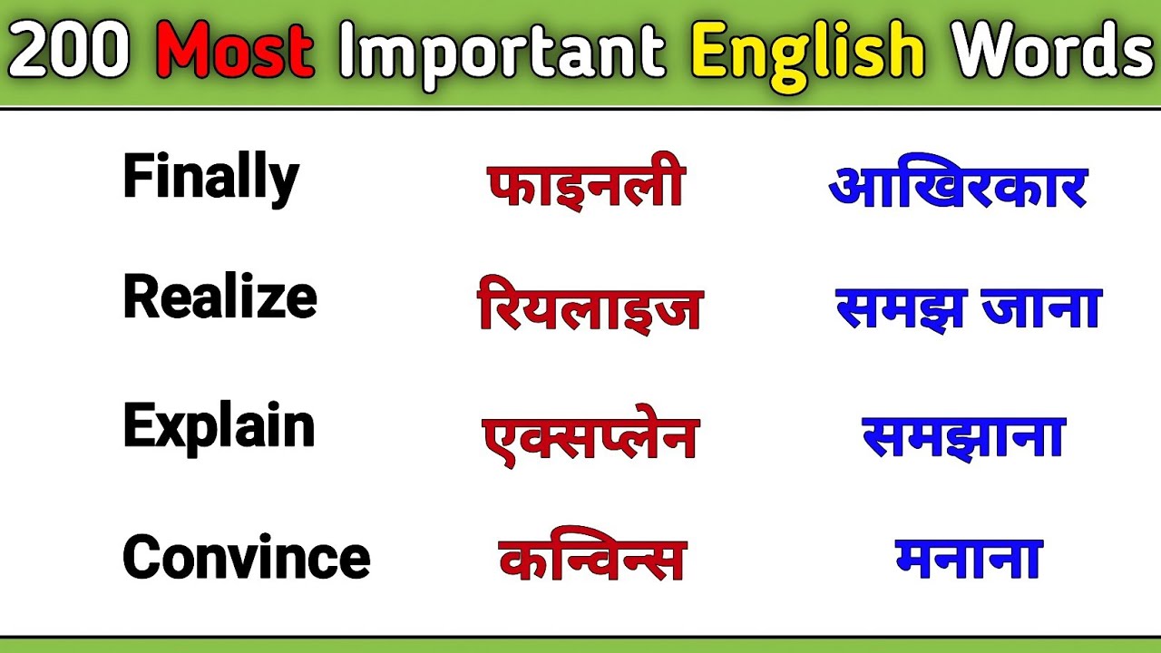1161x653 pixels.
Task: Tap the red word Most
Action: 235,54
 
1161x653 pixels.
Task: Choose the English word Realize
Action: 220,297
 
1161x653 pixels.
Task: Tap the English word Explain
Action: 219,426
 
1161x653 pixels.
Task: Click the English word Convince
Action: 246,556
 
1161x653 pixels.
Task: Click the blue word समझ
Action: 887,308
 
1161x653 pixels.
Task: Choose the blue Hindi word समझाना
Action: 962,436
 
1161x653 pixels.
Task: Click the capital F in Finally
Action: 135,177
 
